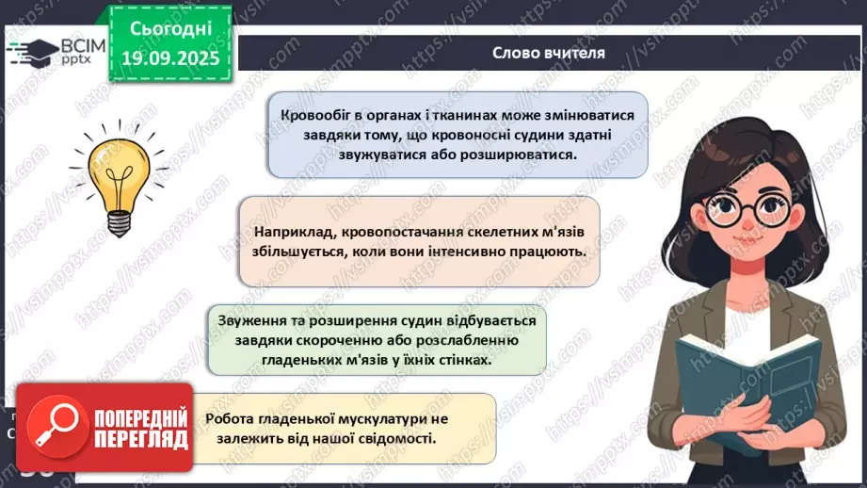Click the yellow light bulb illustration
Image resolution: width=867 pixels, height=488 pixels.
[119, 173]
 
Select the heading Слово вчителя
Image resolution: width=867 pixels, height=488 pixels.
[548, 53]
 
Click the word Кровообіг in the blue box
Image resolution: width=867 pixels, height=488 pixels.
[315, 115]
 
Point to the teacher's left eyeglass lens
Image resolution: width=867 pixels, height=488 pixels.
[720, 212]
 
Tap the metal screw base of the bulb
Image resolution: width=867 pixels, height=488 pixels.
[119, 223]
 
